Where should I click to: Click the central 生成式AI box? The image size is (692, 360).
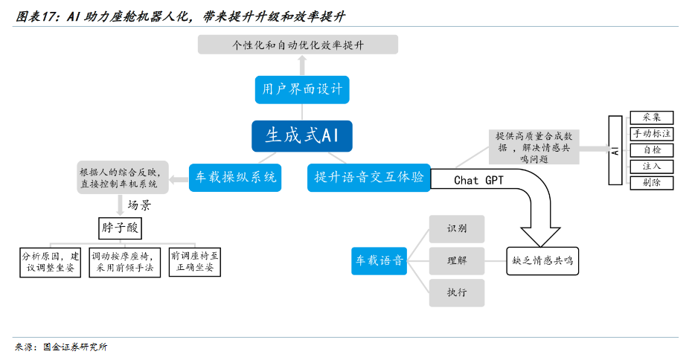(x=301, y=135)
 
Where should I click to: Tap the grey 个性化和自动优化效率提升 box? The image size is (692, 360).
(x=298, y=45)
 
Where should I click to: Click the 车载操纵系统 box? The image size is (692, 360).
(x=235, y=177)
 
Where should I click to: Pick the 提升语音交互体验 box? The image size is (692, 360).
(x=368, y=177)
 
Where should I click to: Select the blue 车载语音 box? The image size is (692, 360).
(x=379, y=260)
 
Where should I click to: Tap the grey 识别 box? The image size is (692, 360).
(x=457, y=229)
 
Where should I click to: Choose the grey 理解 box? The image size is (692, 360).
(x=457, y=261)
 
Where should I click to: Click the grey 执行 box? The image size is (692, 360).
(x=457, y=293)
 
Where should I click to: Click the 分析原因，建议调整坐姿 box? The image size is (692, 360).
(x=49, y=262)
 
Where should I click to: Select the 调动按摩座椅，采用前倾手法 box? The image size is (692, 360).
(x=124, y=262)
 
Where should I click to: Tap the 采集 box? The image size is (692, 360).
(x=651, y=118)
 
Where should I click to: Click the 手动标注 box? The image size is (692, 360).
(x=651, y=134)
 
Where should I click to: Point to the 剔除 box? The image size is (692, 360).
(x=651, y=182)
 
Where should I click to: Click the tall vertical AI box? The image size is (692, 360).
(x=615, y=150)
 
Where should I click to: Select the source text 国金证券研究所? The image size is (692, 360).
(x=75, y=347)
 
